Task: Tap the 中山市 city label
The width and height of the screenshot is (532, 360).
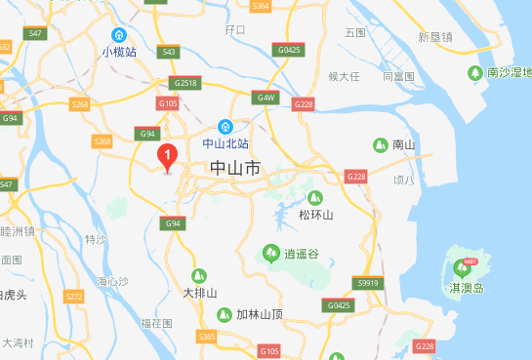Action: pos(235,169)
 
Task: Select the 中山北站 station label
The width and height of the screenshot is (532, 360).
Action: pos(225,142)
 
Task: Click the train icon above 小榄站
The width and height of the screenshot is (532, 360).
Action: pos(119,33)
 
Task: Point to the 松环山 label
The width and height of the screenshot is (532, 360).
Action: pos(315,215)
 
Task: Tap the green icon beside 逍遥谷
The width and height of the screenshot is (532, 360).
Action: pos(269,254)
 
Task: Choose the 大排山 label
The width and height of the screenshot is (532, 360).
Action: pos(199,292)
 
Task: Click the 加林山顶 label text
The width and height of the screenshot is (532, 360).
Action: pos(259,314)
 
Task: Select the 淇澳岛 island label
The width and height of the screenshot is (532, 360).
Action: pos(466,288)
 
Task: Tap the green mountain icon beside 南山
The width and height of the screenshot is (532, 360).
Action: pos(379,145)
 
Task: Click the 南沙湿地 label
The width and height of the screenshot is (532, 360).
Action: pos(509,72)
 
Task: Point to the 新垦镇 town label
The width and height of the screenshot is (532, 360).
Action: pos(434,37)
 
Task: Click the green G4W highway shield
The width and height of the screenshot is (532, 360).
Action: pos(265,99)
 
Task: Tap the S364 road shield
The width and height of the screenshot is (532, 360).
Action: pos(260,6)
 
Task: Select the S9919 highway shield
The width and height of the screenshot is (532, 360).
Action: pos(367,283)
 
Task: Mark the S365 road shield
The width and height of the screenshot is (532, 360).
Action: pos(206,336)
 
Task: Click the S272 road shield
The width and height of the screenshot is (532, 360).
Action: pos(74,296)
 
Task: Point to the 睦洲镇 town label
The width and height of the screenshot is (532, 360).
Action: pos(18,231)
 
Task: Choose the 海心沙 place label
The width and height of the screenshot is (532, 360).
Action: pos(112,281)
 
